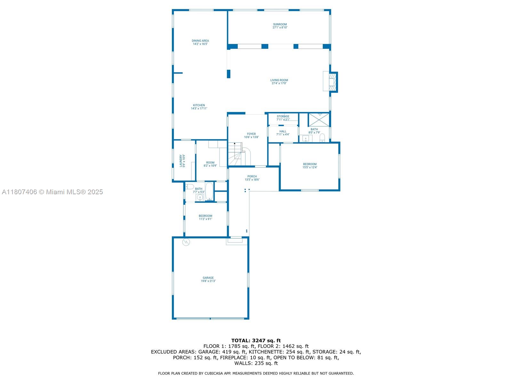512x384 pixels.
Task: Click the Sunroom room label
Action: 280,24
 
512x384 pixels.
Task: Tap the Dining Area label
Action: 200,41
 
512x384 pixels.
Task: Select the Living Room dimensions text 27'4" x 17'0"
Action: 279,83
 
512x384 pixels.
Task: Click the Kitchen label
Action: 199,105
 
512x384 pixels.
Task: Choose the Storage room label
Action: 283,116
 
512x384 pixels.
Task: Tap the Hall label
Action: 283,131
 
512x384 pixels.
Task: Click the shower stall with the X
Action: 319,120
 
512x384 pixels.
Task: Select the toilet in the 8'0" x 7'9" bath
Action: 322,138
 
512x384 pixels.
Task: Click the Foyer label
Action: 251,134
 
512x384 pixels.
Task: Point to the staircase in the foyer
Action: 239,154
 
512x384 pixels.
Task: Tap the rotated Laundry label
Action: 181,161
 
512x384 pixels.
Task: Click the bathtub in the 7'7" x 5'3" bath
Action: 209,192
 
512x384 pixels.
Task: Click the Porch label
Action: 252,176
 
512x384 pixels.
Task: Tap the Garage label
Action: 208,278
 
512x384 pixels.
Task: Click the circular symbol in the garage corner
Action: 186,242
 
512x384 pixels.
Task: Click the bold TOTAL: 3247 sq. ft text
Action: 256,340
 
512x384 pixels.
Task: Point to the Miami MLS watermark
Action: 52,192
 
